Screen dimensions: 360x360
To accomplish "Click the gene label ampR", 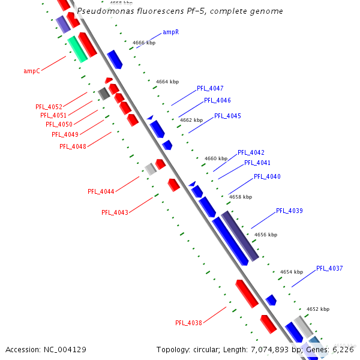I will (171, 32).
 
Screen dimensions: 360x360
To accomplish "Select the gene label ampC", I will (32, 71).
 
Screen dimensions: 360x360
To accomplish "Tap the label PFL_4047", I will (210, 88).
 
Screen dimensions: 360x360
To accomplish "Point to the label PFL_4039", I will (289, 211).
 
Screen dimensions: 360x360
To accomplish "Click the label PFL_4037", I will (329, 268).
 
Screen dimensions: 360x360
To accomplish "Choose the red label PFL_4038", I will (188, 323).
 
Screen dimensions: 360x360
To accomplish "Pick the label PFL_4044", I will (101, 191).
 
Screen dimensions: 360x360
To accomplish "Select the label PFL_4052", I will (49, 107).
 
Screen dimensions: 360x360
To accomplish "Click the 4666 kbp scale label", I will (143, 43).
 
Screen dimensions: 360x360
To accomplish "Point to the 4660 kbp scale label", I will (216, 158).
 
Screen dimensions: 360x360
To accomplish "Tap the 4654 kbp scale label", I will (291, 272).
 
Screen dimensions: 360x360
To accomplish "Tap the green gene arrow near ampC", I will (77, 49).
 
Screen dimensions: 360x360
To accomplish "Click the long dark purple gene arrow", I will (240, 235).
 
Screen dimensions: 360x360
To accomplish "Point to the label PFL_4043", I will (115, 212).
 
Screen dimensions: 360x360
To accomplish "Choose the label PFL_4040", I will (267, 176).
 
